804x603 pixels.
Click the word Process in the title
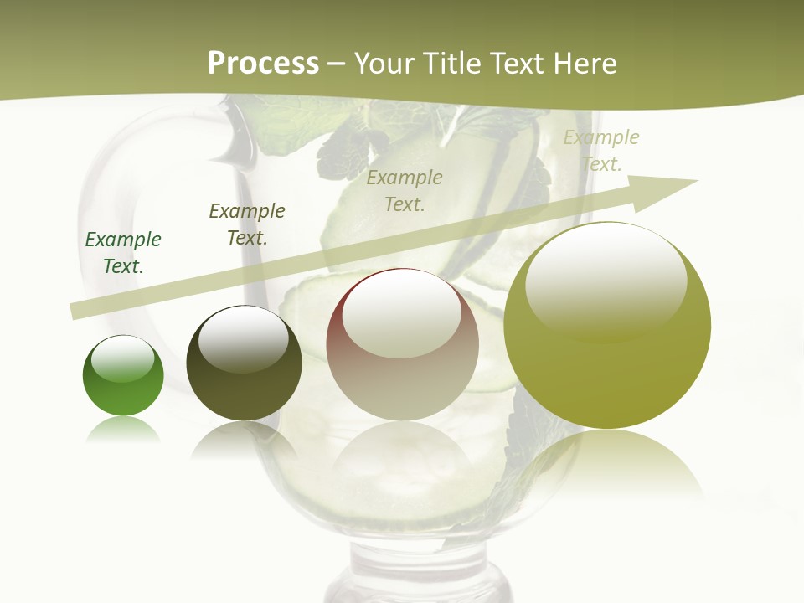tap(263, 64)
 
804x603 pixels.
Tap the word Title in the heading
tap(451, 64)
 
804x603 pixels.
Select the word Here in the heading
tap(585, 64)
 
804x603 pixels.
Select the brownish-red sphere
tap(402, 345)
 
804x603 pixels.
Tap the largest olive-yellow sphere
tap(607, 327)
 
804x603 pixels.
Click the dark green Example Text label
tap(123, 252)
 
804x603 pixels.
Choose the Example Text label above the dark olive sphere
tap(247, 224)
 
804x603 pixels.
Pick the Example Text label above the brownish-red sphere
tap(405, 190)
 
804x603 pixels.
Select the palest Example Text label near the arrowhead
tap(601, 150)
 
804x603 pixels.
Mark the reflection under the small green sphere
tap(123, 430)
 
